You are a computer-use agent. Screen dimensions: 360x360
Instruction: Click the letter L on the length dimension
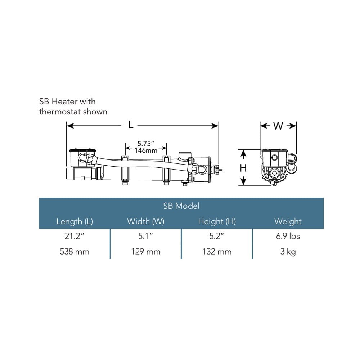(131, 125)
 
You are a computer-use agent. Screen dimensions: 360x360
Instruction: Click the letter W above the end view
(278, 126)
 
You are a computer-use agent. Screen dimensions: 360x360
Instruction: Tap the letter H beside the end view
(243, 168)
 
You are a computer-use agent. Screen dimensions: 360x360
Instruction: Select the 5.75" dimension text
(145, 144)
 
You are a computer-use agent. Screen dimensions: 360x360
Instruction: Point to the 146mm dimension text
(146, 150)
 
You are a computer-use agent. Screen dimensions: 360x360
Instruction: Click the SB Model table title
(181, 206)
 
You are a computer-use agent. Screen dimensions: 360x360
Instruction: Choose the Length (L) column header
(75, 221)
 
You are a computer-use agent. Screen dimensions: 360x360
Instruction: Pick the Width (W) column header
(145, 221)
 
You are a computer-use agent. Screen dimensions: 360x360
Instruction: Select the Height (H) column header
(217, 221)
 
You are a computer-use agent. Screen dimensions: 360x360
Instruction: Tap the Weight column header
(288, 221)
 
